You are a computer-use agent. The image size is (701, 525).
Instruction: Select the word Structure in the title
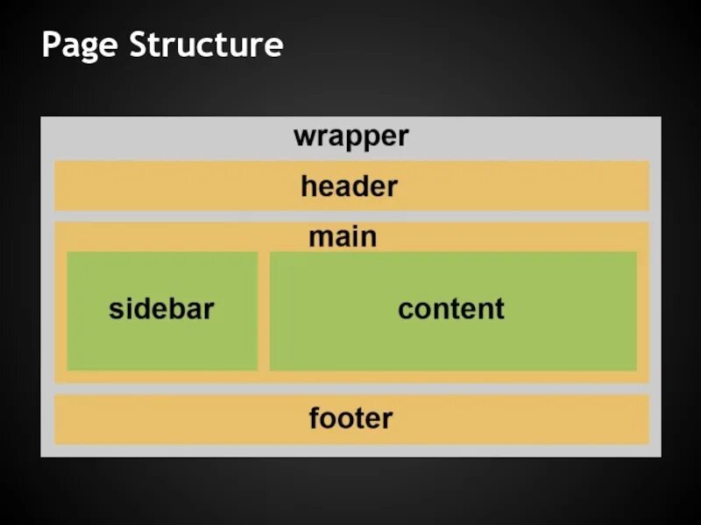tap(206, 45)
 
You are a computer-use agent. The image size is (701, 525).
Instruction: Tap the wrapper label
tap(350, 136)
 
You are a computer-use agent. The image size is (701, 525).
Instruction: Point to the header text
tap(349, 186)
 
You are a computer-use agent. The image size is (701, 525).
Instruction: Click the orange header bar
tap(175, 186)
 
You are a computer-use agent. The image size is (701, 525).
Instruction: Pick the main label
tap(343, 236)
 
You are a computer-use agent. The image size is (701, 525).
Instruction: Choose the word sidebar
tap(162, 309)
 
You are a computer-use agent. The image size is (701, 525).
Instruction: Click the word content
tap(451, 309)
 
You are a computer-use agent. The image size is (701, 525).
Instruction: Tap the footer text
tap(350, 418)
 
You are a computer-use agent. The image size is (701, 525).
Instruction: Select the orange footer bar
tap(175, 418)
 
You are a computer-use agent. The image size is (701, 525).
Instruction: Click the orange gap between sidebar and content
tap(264, 311)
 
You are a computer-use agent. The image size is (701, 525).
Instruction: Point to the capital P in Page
tap(51, 44)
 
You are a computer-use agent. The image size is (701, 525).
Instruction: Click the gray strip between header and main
tap(350, 216)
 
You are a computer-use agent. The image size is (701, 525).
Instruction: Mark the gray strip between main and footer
tap(350, 388)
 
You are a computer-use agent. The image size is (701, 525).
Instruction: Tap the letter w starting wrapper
tap(303, 137)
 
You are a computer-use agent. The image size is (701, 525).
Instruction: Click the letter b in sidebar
tap(178, 308)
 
